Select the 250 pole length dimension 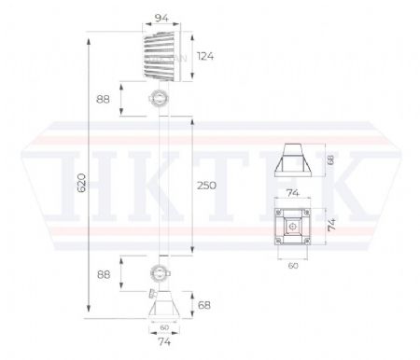206,186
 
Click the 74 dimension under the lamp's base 163,342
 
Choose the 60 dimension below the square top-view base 294,265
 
